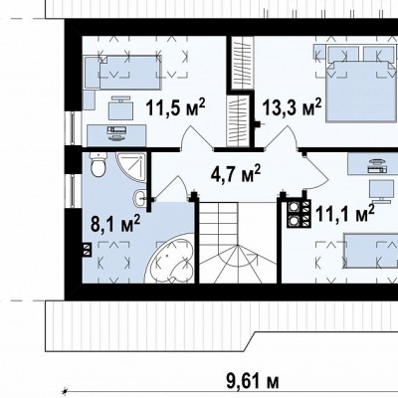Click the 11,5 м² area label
[175, 106]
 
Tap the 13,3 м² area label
[292, 106]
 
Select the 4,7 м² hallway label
[236, 173]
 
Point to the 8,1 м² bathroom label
[115, 224]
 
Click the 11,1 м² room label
[345, 213]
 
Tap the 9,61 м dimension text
[253, 381]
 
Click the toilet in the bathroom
[99, 164]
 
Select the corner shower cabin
[130, 167]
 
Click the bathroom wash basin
[139, 199]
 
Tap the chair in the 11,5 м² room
[120, 107]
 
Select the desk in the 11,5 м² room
[116, 135]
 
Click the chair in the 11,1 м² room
[379, 191]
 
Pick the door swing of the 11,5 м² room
[197, 138]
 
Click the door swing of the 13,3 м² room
[282, 138]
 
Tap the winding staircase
[238, 243]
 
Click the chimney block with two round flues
[298, 215]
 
